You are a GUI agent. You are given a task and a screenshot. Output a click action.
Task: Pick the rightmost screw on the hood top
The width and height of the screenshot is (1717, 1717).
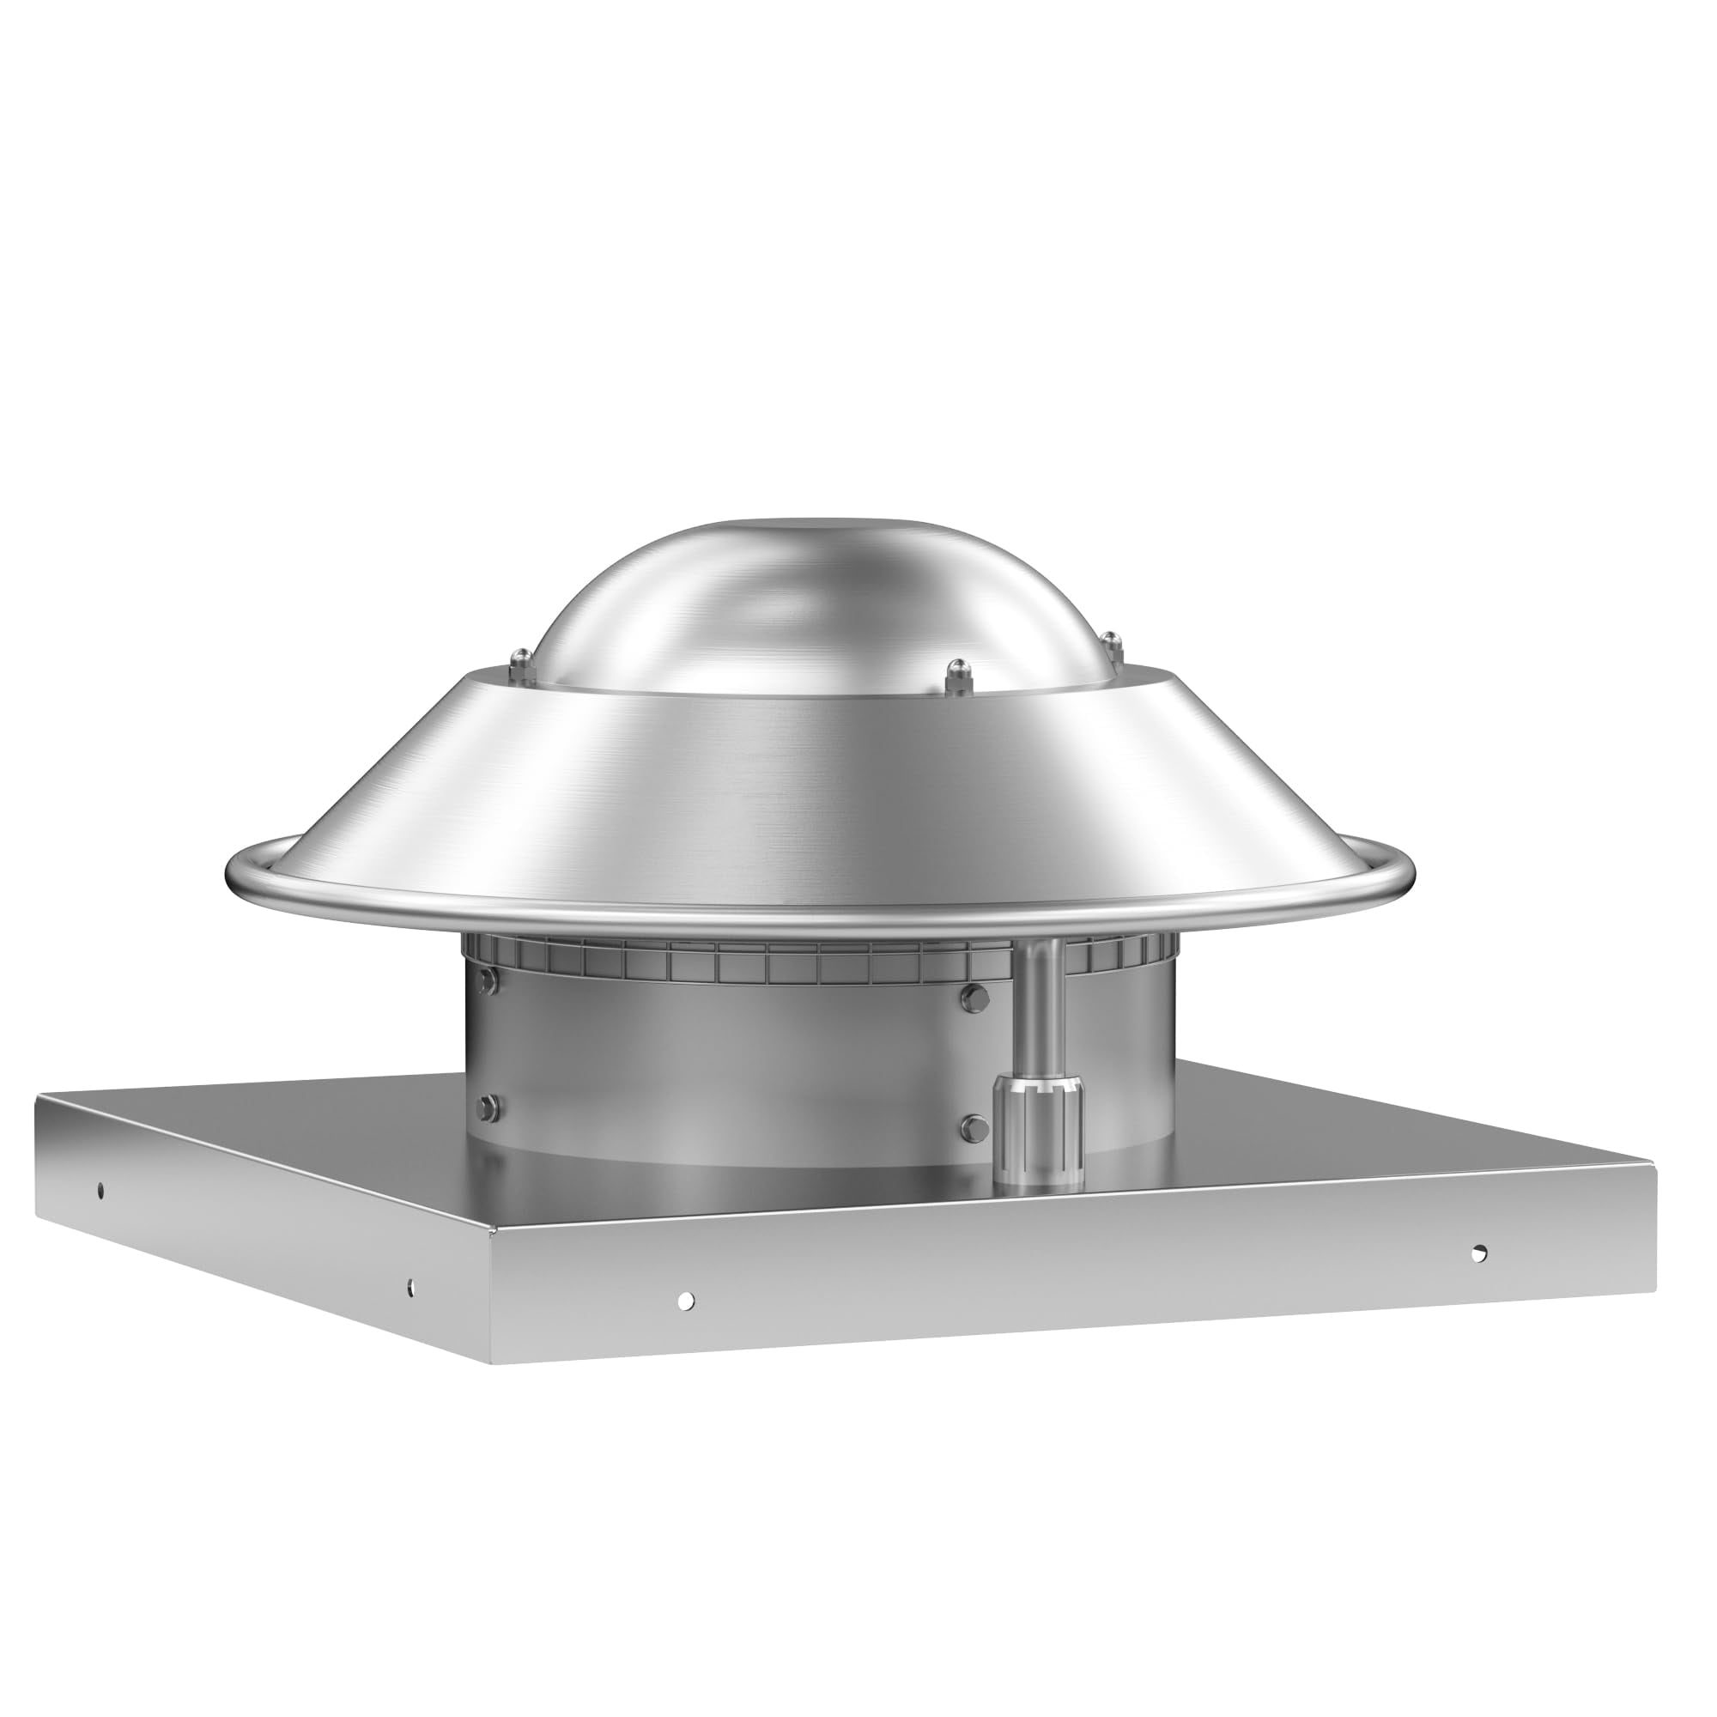(1108, 640)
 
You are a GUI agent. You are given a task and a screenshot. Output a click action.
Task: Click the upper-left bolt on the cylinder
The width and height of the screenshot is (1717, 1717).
(488, 980)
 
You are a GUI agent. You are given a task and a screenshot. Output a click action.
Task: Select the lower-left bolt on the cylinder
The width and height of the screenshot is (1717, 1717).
(488, 1107)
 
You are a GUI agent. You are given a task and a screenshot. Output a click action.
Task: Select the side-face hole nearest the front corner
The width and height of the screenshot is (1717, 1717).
(410, 1286)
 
